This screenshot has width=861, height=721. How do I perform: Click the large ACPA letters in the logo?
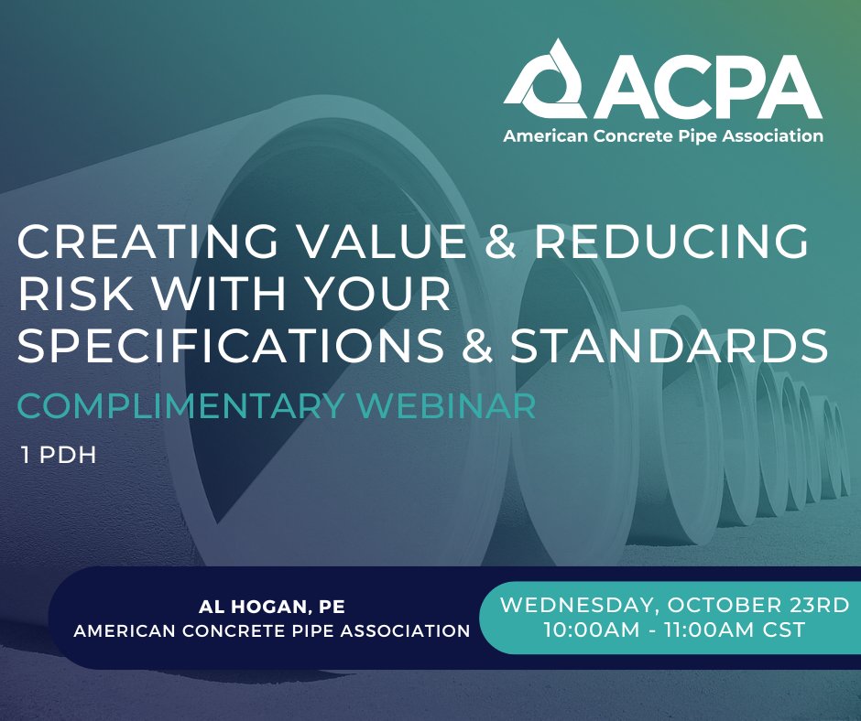click(x=704, y=90)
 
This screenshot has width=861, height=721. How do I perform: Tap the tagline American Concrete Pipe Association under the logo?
click(x=662, y=136)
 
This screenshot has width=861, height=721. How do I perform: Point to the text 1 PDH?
click(x=59, y=455)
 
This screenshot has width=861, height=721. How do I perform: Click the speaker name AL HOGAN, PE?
click(x=265, y=607)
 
